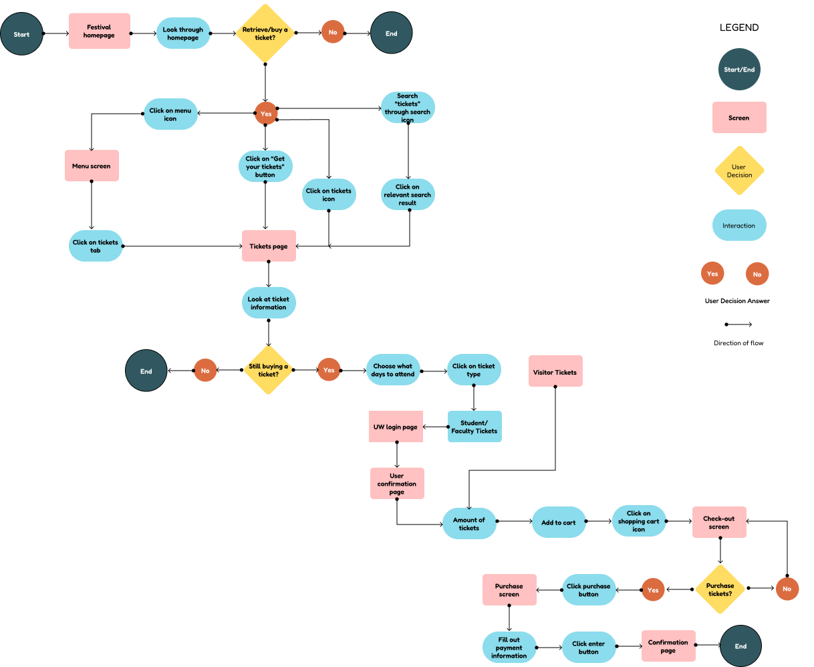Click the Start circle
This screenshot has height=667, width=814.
pos(21,34)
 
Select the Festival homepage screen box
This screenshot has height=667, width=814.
pos(100,31)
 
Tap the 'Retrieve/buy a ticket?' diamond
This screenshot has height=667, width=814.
pos(265,33)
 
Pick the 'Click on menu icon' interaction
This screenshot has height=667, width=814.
pos(170,114)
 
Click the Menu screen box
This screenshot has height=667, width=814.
pos(92,166)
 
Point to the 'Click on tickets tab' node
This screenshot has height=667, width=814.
pos(96,246)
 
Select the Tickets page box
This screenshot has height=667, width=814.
pos(269,246)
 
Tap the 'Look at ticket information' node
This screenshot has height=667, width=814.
pos(269,303)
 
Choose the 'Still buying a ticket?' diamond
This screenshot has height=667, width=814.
pos(269,370)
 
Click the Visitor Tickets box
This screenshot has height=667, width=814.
pos(555,371)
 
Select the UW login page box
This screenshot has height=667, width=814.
pos(396,427)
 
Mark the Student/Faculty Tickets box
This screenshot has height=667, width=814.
pos(474,427)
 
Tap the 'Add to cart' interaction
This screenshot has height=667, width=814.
pos(559,522)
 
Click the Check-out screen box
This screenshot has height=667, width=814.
pos(719,522)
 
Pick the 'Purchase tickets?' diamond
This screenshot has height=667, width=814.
pos(720,589)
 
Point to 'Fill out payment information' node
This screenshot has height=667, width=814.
pos(509,648)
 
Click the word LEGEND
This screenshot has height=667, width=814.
pos(739,27)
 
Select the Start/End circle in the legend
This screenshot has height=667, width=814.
pos(739,70)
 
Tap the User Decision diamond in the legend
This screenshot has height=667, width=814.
pos(739,171)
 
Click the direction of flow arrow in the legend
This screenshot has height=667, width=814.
pos(738,324)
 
